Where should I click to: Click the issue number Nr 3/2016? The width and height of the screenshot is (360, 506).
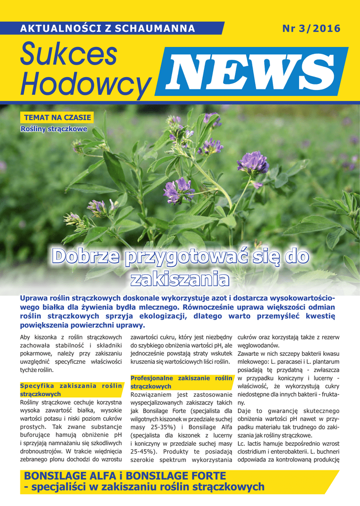[x=311, y=29]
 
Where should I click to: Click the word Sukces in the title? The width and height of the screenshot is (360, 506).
[x=69, y=55]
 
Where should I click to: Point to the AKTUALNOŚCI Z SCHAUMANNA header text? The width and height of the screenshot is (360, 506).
[x=107, y=29]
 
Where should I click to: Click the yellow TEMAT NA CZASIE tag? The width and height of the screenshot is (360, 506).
[x=57, y=118]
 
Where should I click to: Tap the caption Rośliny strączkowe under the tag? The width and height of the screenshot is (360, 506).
[x=54, y=129]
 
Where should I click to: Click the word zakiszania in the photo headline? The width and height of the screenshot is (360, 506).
[x=180, y=279]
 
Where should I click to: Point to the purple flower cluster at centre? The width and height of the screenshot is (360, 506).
[x=179, y=190]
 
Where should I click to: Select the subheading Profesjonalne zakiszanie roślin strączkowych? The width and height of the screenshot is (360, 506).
[x=181, y=382]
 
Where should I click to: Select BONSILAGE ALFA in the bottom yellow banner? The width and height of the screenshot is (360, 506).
[x=69, y=476]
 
